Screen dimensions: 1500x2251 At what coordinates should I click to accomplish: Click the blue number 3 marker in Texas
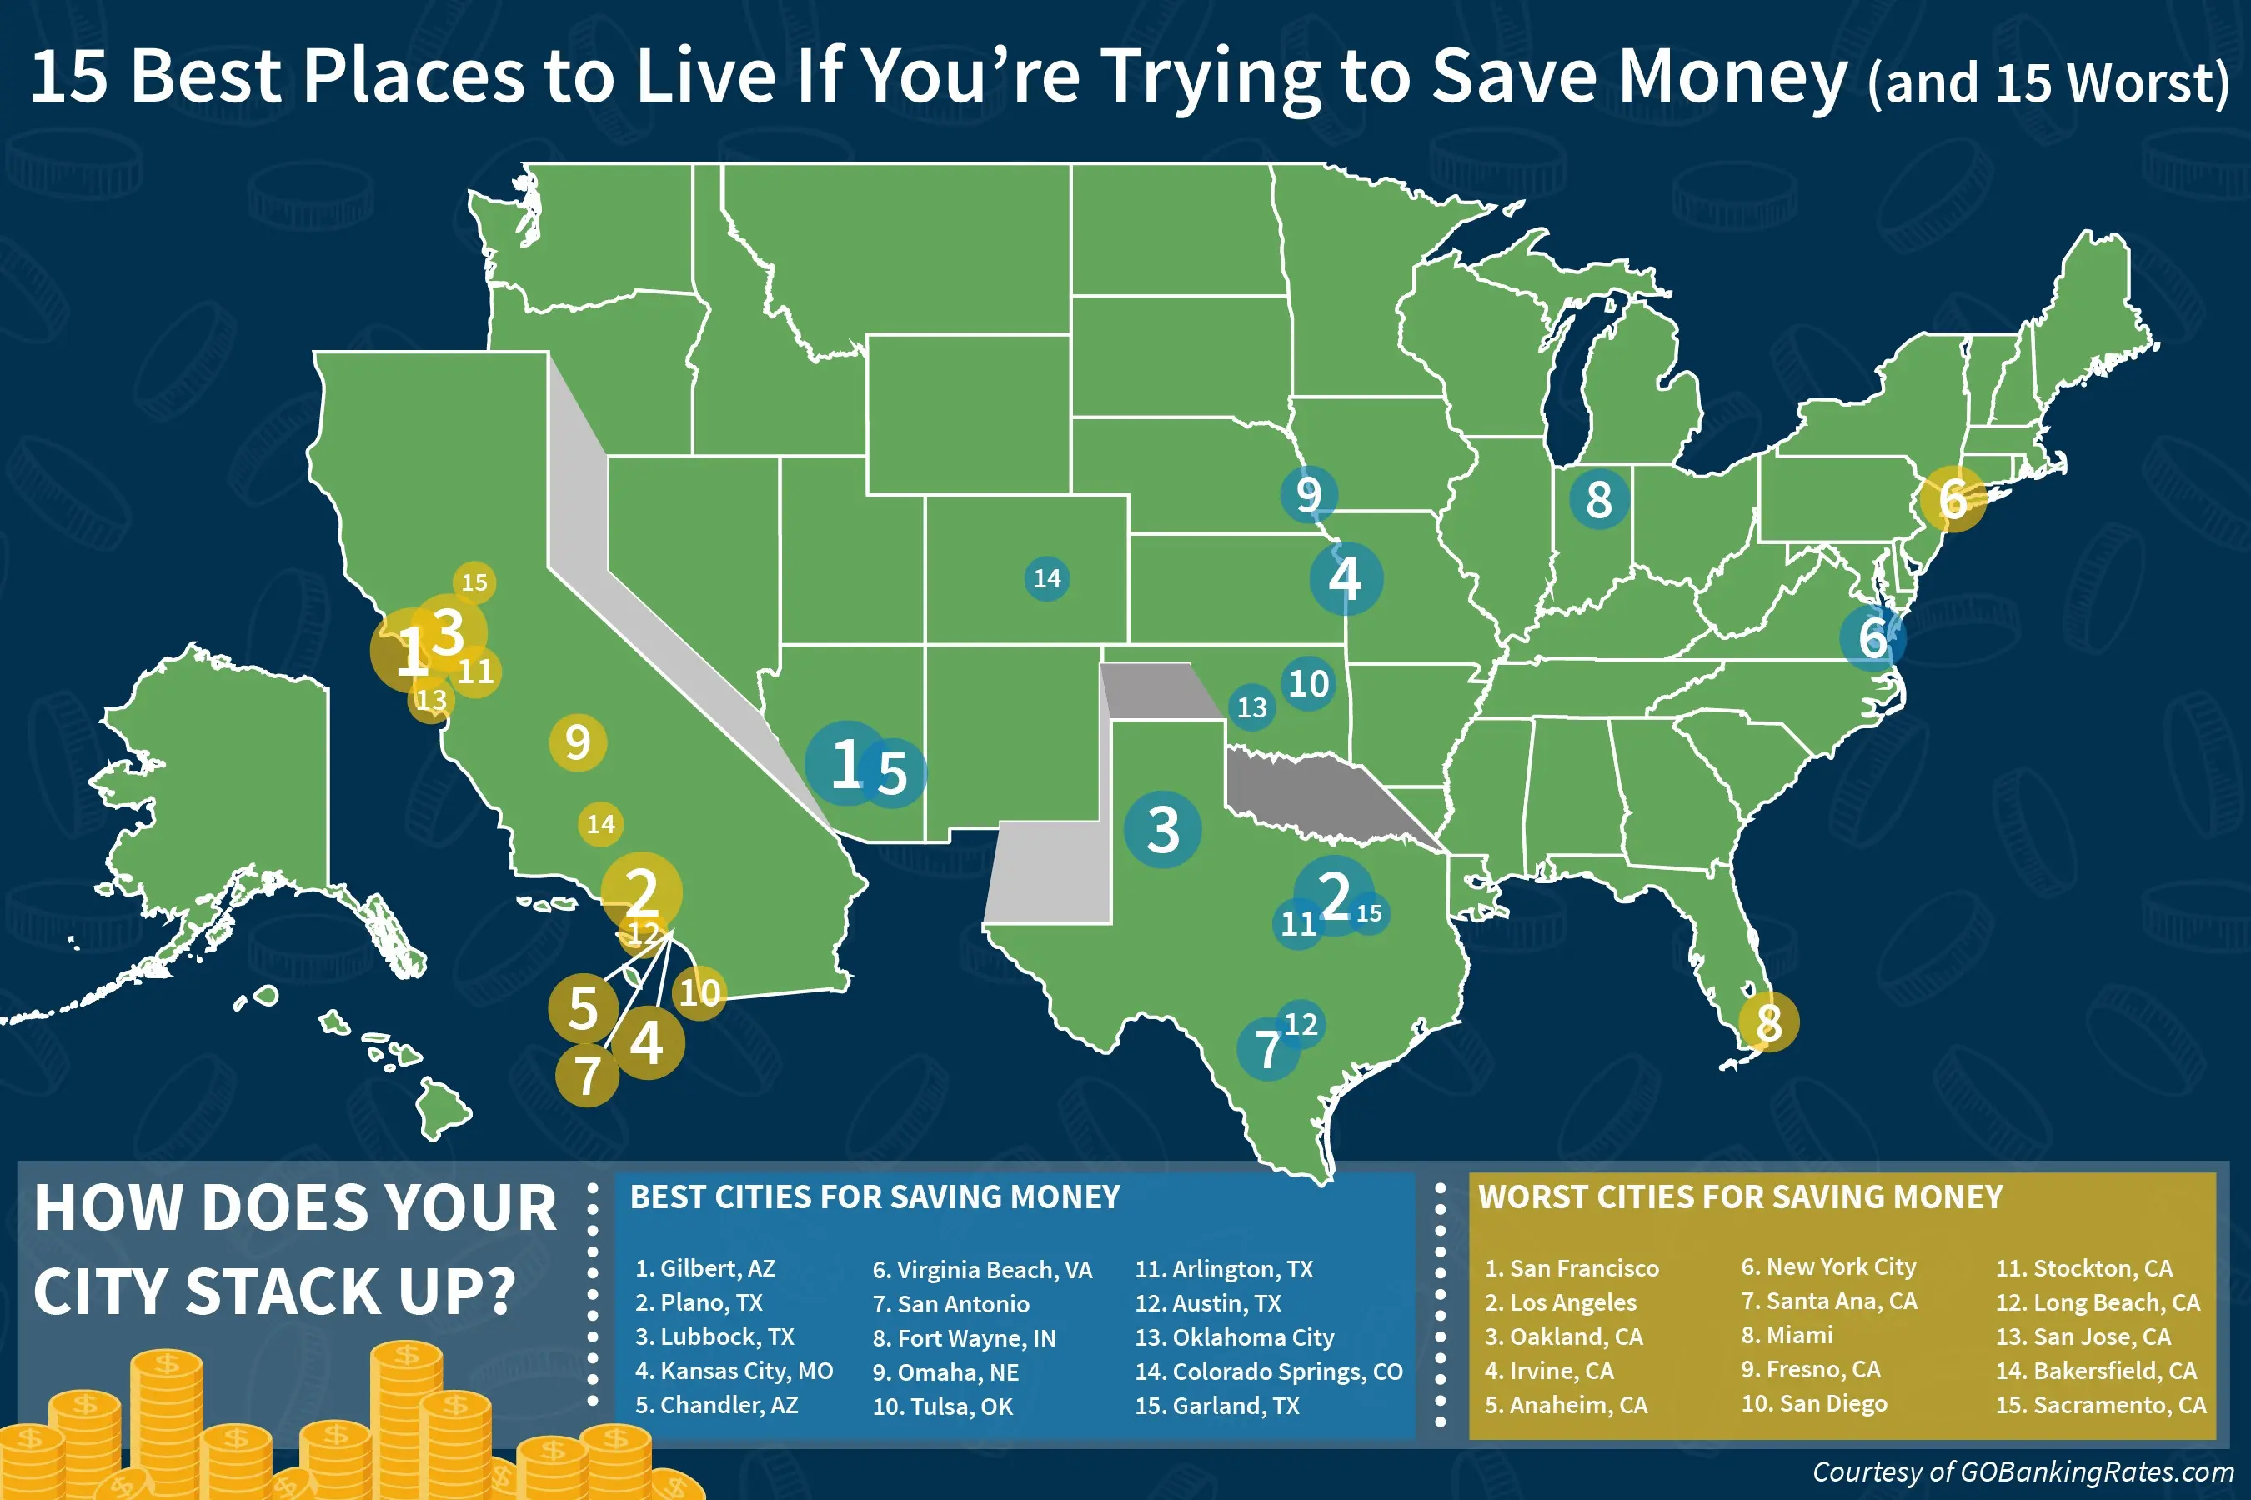point(1162,828)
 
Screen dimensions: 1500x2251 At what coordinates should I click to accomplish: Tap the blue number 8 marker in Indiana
point(1598,498)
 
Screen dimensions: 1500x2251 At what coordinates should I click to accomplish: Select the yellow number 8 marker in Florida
point(1768,1022)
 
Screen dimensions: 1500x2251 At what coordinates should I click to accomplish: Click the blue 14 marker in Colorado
point(1046,577)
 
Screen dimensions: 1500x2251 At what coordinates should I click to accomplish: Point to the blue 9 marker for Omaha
point(1308,493)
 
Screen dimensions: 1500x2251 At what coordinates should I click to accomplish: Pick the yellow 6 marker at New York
point(1953,498)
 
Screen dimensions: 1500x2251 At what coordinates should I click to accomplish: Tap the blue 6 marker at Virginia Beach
point(1873,637)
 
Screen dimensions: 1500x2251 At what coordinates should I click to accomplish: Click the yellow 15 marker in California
point(474,582)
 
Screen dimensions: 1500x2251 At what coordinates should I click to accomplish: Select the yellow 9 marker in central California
point(577,742)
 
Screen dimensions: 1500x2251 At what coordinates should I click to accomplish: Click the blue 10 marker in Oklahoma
point(1308,683)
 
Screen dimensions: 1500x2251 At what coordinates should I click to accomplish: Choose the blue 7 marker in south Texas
point(1267,1049)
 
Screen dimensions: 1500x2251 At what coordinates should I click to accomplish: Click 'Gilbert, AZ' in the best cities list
point(705,1268)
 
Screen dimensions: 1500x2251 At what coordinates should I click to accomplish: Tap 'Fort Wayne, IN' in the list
point(964,1337)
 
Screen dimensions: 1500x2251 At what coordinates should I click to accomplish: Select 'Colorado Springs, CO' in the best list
point(1268,1371)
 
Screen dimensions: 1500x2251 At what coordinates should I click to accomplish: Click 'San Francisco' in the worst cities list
point(1572,1268)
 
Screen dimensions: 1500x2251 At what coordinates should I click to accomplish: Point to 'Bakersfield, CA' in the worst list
point(2096,1371)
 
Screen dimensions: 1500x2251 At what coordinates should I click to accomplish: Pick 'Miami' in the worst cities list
point(1787,1336)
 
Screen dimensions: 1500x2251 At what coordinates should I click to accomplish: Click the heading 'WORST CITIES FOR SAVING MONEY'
point(1740,1197)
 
